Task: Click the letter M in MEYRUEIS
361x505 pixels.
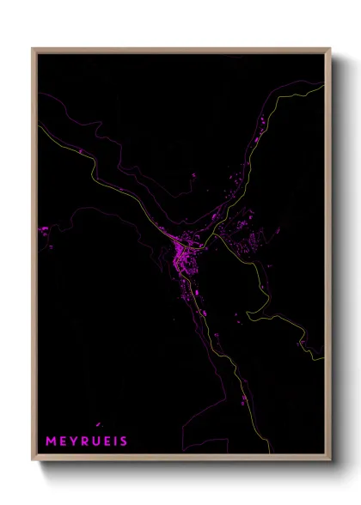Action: tap(51, 441)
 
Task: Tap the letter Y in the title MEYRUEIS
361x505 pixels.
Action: tap(74, 441)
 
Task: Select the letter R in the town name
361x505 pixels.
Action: tap(85, 441)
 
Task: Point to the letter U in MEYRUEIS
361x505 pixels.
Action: tap(96, 441)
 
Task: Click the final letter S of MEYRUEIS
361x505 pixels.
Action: tap(125, 441)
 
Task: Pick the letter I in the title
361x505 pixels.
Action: tap(117, 441)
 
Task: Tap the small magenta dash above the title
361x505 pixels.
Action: tap(99, 423)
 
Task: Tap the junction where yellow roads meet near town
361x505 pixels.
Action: tap(212, 237)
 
